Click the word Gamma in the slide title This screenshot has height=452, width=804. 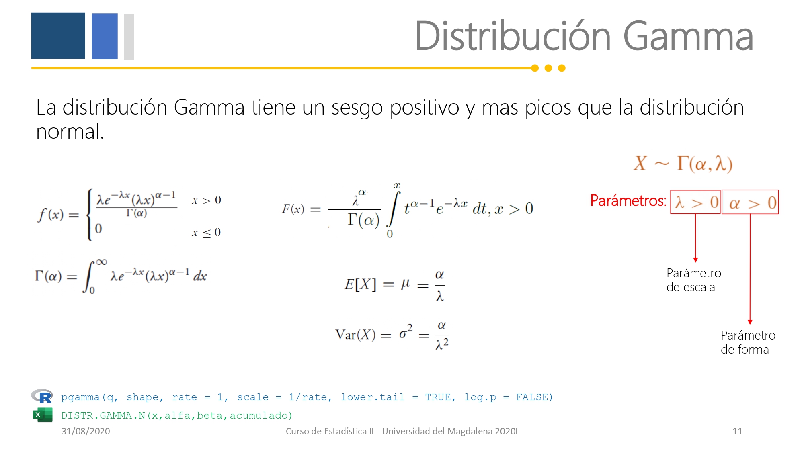point(688,37)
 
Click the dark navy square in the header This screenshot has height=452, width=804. point(58,36)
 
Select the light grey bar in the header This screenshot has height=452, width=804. point(129,37)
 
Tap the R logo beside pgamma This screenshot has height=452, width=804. point(42,396)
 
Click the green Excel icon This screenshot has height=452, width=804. point(43,415)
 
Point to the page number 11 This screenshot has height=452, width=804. point(737,431)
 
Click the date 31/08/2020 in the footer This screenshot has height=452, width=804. point(86,431)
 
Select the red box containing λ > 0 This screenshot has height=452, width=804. point(695,202)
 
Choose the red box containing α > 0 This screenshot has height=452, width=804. point(750,202)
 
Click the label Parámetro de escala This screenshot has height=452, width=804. point(694,280)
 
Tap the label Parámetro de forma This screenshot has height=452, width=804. point(748,342)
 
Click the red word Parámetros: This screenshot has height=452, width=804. point(628,200)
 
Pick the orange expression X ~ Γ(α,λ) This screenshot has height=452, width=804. point(683,164)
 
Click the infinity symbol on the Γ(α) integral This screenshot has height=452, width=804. point(101,262)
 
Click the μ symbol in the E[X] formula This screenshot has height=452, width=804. point(406,284)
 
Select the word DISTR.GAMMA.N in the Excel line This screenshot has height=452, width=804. point(103,415)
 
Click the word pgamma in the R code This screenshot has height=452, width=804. point(80,397)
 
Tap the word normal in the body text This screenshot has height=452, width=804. point(70,131)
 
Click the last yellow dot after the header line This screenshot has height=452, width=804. point(562,68)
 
